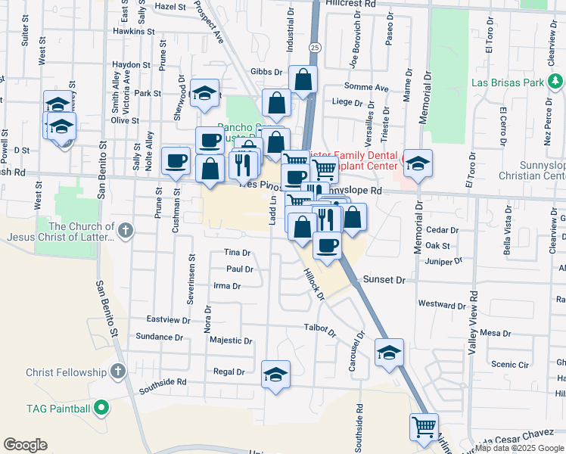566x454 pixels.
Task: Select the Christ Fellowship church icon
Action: pos(117,372)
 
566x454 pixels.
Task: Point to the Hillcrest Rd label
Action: pos(350,4)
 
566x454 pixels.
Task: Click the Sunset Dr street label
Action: pos(384,279)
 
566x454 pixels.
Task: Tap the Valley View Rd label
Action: pos(473,322)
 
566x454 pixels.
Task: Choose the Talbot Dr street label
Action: pos(319,329)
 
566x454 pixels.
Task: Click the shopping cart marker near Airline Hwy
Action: pos(424,426)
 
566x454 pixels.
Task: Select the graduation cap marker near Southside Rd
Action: pos(276,374)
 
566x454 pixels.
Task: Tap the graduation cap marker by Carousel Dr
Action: pos(389,352)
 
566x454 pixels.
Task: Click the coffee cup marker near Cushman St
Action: pos(176,160)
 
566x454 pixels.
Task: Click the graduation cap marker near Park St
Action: pos(204,93)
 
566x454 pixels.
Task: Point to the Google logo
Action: pos(25,445)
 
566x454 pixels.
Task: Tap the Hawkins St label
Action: pos(133,32)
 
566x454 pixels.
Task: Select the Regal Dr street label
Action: pos(229,372)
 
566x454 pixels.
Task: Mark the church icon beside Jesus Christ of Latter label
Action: pos(125,229)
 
